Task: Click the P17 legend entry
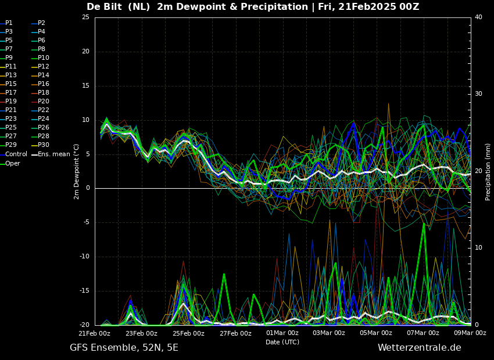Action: [8, 92]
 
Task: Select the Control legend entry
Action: [13, 154]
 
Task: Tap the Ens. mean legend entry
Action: [51, 154]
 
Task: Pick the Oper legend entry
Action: [10, 163]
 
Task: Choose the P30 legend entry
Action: [41, 145]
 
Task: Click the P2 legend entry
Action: [39, 23]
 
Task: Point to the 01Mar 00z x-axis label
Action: [282, 333]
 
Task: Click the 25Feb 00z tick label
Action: [188, 333]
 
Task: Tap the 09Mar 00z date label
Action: [470, 333]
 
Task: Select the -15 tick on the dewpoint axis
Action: [85, 291]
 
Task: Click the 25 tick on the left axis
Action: [85, 17]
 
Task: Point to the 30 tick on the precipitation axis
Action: [478, 94]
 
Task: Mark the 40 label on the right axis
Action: [478, 17]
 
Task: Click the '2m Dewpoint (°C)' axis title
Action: [77, 172]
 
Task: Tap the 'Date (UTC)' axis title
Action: [282, 342]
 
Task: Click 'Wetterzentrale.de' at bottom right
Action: [420, 348]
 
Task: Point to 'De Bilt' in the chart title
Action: [104, 6]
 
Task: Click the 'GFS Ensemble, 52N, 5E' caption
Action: [124, 348]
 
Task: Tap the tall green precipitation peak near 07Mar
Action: [424, 224]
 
